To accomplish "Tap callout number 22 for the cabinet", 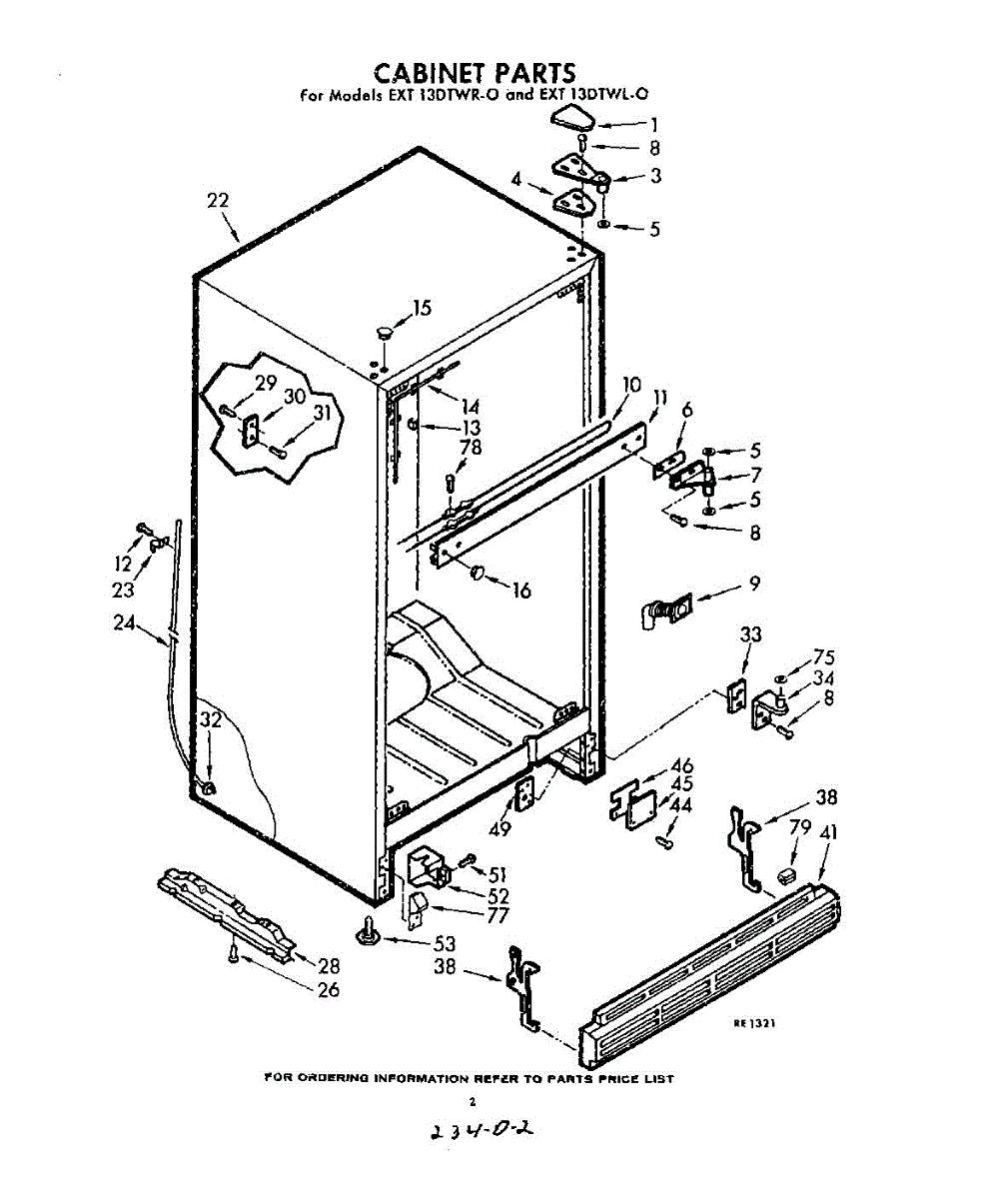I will click(x=218, y=201).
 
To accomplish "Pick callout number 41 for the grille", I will click(x=829, y=832).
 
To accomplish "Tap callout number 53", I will click(x=444, y=942).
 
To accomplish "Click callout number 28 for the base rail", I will click(x=329, y=966).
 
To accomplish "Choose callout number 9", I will click(x=754, y=584).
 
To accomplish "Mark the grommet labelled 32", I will click(x=209, y=787).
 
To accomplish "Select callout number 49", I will click(x=498, y=828).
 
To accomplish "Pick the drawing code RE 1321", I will click(x=754, y=1023).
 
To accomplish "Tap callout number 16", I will click(x=520, y=590).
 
